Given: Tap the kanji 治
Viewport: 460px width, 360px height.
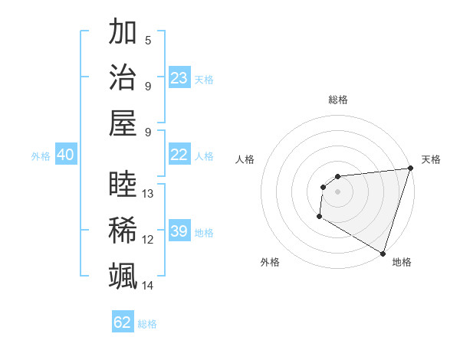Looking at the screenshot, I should pyautogui.click(x=123, y=77).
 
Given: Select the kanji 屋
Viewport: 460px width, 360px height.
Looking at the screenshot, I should pyautogui.click(x=123, y=123).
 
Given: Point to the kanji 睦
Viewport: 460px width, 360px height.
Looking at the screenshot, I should pyautogui.click(x=123, y=185).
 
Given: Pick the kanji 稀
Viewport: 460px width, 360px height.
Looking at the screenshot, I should pyautogui.click(x=123, y=230).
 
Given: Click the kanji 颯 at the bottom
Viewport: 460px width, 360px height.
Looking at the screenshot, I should pyautogui.click(x=123, y=275).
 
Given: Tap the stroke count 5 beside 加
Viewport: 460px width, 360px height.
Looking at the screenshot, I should pyautogui.click(x=148, y=41).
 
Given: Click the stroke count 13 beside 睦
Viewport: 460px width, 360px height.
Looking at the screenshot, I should pyautogui.click(x=148, y=194).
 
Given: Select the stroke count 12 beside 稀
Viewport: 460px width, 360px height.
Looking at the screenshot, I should pyautogui.click(x=148, y=240).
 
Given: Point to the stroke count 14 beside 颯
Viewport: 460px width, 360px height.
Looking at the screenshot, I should pyautogui.click(x=148, y=286).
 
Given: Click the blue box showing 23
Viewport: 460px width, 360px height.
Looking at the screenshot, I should pyautogui.click(x=179, y=78).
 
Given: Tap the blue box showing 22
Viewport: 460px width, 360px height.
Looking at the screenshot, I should pyautogui.click(x=179, y=155).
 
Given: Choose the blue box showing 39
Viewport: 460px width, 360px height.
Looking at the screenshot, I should pyautogui.click(x=179, y=231).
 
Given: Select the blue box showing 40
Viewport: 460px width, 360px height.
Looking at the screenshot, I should pyautogui.click(x=65, y=155).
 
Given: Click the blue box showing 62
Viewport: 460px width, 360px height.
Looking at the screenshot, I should pyautogui.click(x=123, y=322).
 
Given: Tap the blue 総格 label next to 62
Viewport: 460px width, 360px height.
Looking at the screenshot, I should pyautogui.click(x=148, y=324).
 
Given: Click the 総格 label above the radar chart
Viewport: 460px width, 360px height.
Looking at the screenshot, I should pyautogui.click(x=337, y=100).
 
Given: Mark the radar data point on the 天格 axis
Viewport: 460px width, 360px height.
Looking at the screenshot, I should pyautogui.click(x=410, y=169).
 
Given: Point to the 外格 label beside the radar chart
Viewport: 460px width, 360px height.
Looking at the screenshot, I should pyautogui.click(x=270, y=262).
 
